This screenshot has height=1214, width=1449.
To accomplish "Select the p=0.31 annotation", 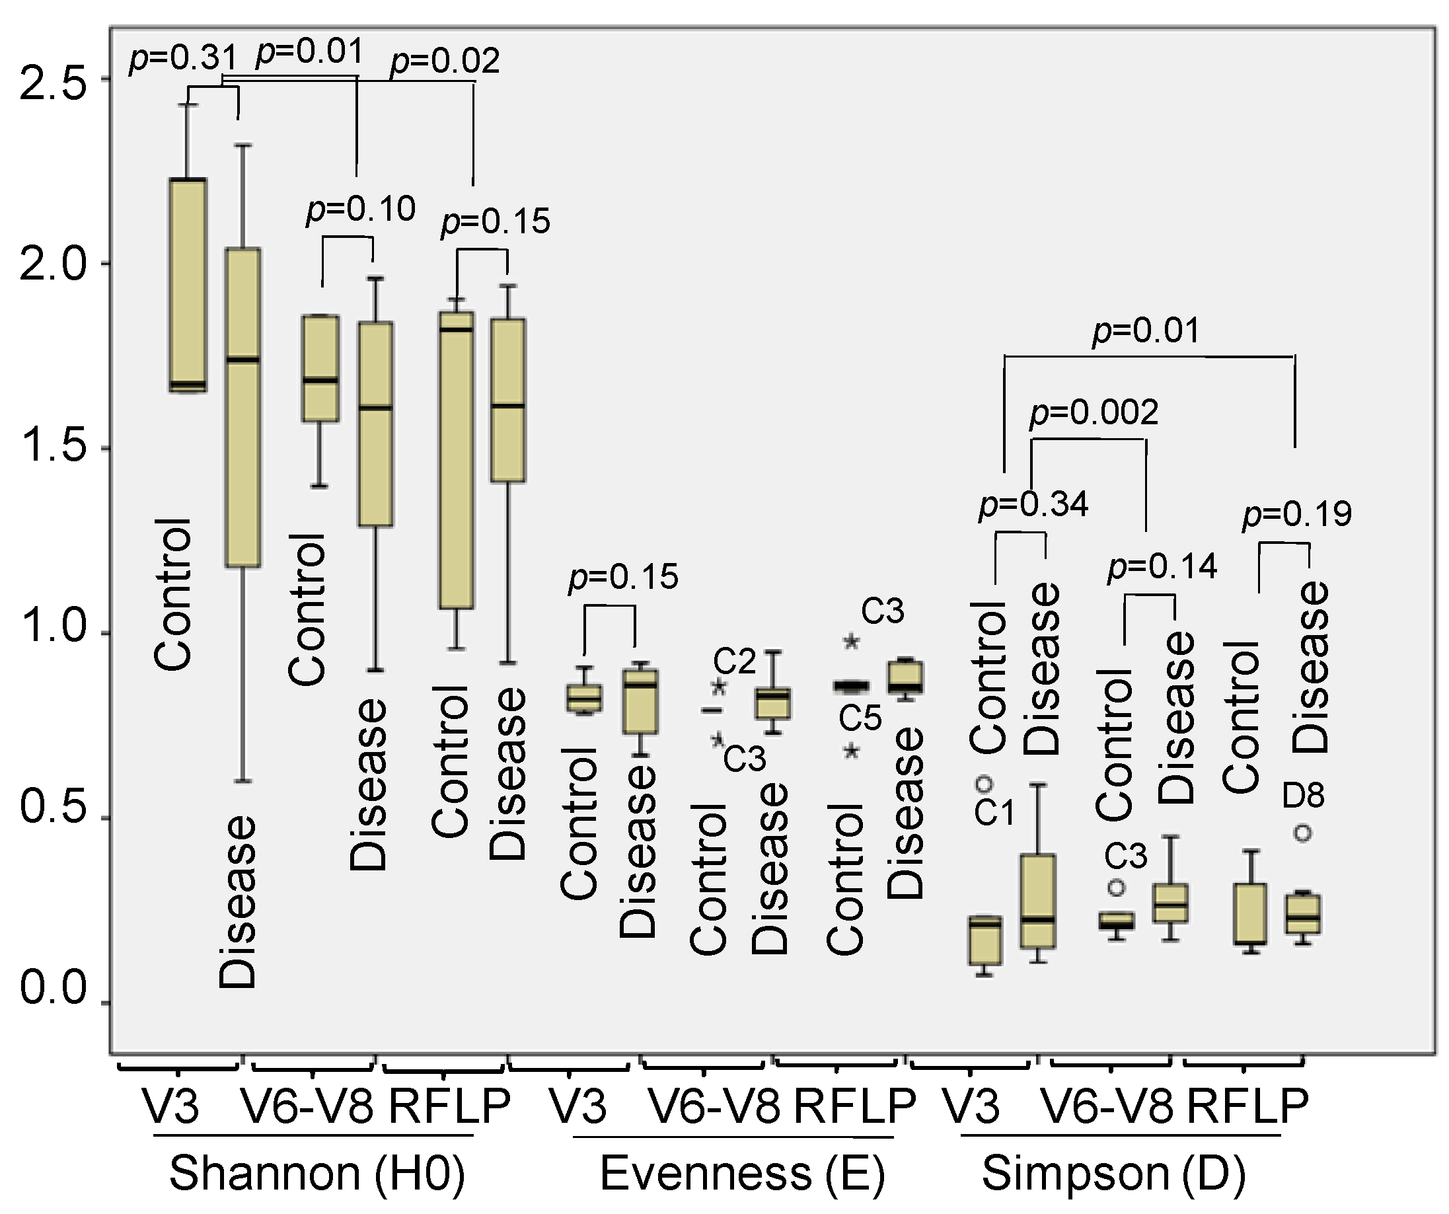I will [183, 58].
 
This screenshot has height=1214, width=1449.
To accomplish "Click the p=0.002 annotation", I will [1094, 413].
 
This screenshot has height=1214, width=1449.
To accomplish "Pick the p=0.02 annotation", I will [445, 61].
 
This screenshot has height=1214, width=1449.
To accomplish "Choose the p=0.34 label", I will [1033, 504].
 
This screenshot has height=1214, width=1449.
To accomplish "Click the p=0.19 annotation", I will [1296, 514].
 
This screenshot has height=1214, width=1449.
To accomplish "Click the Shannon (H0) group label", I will [316, 1173].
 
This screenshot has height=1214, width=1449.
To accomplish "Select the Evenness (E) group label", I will [742, 1173].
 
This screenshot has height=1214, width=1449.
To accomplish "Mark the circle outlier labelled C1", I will [985, 784].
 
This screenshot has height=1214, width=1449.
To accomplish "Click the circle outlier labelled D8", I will [1302, 833].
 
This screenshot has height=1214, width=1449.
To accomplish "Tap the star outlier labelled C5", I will [851, 751].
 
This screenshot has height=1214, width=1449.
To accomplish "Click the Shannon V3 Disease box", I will [244, 407].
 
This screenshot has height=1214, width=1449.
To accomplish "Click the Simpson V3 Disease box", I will [1039, 901].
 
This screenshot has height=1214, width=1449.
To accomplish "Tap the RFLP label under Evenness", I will [854, 1106].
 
